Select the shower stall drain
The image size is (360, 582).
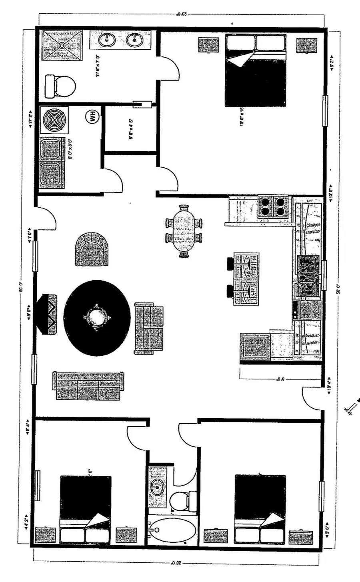[62, 46]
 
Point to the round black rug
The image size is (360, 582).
[97, 318]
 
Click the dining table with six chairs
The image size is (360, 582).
[184, 231]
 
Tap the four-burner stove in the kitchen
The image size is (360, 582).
[273, 207]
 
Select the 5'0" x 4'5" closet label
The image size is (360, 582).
[130, 128]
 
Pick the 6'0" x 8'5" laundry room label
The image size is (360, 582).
[71, 150]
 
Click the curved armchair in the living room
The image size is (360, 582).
[92, 249]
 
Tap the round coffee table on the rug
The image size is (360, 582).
[97, 317]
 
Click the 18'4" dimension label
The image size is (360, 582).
[330, 385]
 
